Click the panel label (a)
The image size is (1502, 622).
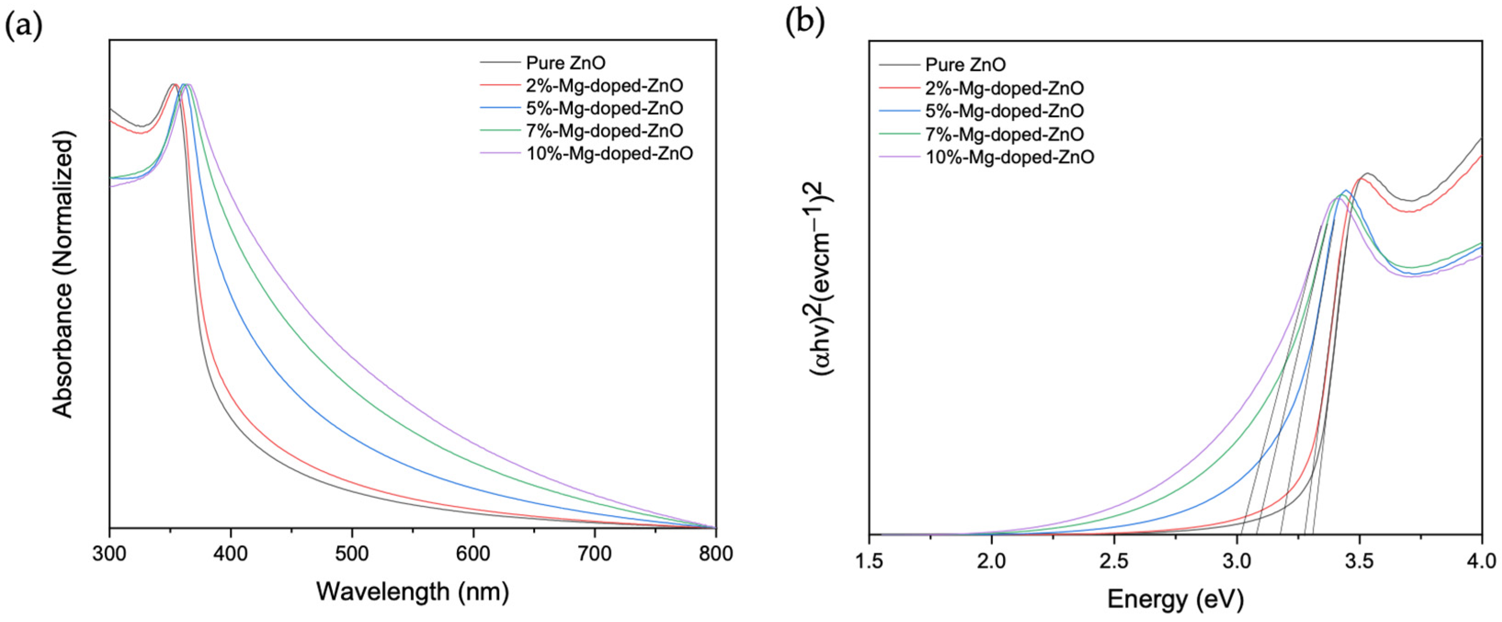pos(23,26)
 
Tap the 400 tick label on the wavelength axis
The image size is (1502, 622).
pos(230,553)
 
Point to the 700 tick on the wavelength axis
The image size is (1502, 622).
pos(595,553)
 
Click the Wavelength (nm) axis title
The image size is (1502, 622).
pos(413,592)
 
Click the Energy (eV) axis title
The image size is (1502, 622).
pos(1175,599)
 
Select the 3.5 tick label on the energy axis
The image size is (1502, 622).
pos(1359,561)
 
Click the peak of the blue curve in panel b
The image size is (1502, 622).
pos(1346,191)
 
